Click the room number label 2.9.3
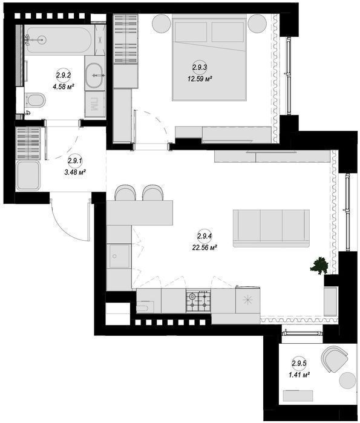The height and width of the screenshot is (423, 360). [x=200, y=67]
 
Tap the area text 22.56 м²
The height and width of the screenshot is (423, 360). [x=205, y=248]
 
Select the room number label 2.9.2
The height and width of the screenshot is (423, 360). [x=64, y=75]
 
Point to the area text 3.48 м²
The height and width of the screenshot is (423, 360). [x=75, y=172]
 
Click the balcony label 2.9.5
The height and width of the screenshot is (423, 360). [x=299, y=363]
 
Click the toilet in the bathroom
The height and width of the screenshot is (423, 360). [x=35, y=100]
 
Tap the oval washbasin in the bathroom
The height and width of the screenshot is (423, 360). [x=94, y=76]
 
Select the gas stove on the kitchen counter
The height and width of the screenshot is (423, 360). [x=198, y=301]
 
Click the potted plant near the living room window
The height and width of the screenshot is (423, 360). [x=319, y=266]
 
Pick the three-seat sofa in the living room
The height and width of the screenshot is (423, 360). [x=271, y=228]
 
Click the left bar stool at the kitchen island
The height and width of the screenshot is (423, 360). [x=125, y=192]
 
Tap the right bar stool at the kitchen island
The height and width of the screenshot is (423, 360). [x=153, y=192]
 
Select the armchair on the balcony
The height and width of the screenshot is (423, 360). [x=335, y=359]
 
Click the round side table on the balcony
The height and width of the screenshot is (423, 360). [x=347, y=381]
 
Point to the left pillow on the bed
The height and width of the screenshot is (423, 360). [x=191, y=32]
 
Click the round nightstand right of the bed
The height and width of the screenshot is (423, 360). [x=257, y=24]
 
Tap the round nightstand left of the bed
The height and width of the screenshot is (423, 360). [x=162, y=24]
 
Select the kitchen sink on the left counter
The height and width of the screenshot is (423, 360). [x=119, y=256]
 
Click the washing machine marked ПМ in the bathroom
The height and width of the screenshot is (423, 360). [x=94, y=104]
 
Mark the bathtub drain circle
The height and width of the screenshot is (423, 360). [x=41, y=40]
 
